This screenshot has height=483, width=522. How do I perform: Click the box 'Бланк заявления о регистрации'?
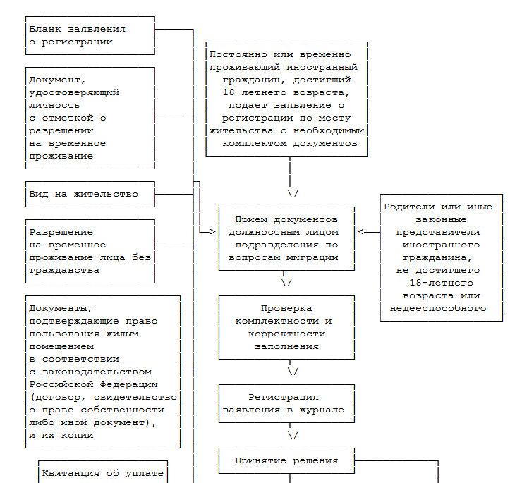coord(90,35)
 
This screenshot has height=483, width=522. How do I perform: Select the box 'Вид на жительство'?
coord(90,194)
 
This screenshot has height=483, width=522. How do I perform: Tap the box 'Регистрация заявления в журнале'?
coord(284,403)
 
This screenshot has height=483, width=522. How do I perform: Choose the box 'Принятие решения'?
coord(285,461)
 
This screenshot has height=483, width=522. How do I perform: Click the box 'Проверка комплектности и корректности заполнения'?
coord(285,328)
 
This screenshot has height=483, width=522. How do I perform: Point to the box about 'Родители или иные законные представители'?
coord(441,257)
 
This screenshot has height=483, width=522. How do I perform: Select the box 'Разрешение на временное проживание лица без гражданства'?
coord(90,251)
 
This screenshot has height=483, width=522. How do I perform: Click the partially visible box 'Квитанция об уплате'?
coord(102,473)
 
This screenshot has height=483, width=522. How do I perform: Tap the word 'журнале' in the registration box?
coord(322,410)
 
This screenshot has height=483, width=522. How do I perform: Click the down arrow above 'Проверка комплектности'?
coord(287,283)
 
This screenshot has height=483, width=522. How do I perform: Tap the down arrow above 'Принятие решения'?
coord(292,435)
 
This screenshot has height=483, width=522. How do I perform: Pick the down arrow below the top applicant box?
coord(292,193)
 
